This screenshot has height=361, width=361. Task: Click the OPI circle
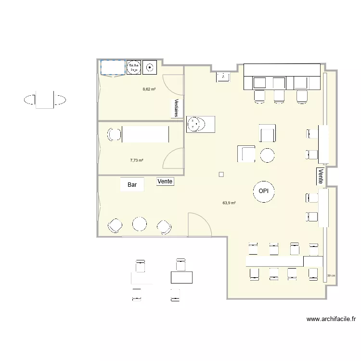pyautogui.click(x=263, y=192)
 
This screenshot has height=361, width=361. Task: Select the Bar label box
pyautogui.click(x=132, y=184)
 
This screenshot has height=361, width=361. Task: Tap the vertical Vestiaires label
pyautogui.click(x=177, y=108)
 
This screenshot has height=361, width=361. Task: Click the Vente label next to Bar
pyautogui.click(x=165, y=181)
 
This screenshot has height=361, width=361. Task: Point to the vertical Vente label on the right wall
pyautogui.click(x=321, y=176)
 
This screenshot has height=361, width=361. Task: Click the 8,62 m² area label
pyautogui.click(x=149, y=90)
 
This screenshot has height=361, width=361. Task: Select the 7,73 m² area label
pyautogui.click(x=136, y=160)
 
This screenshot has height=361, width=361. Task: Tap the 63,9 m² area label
pyautogui.click(x=229, y=203)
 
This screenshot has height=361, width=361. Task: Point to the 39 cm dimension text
pyautogui.click(x=331, y=276)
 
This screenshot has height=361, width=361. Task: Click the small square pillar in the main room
pyautogui.click(x=221, y=174)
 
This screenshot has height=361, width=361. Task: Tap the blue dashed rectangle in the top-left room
pyautogui.click(x=112, y=67)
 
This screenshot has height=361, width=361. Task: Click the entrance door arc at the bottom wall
pyautogui.click(x=199, y=225)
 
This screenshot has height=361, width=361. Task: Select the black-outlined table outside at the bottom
pyautogui.click(x=181, y=277)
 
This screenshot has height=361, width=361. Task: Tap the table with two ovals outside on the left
pyautogui.click(x=44, y=100)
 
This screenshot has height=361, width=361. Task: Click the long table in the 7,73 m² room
pyautogui.click(x=145, y=134)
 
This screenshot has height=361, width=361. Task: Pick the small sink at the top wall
pyautogui.click(x=223, y=77)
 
